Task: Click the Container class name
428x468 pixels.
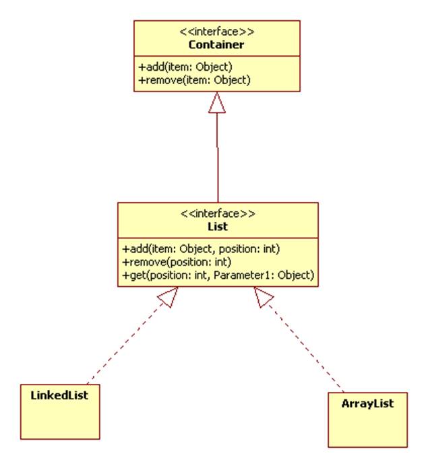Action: click(x=216, y=46)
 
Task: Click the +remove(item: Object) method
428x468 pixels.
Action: click(x=195, y=80)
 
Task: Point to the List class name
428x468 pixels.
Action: click(x=218, y=228)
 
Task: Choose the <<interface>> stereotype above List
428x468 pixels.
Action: click(x=218, y=215)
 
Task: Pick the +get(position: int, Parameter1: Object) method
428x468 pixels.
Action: click(x=217, y=275)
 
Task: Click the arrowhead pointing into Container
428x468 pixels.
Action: click(x=216, y=102)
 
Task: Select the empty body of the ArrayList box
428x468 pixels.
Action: click(x=368, y=430)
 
